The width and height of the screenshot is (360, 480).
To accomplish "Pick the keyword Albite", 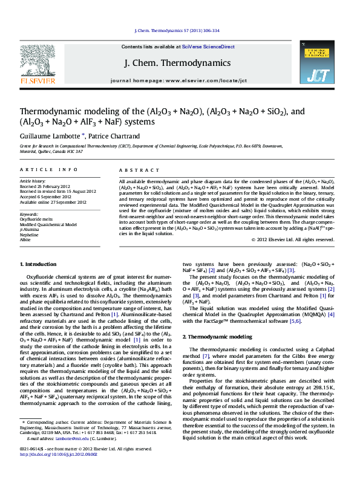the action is click(26, 240).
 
